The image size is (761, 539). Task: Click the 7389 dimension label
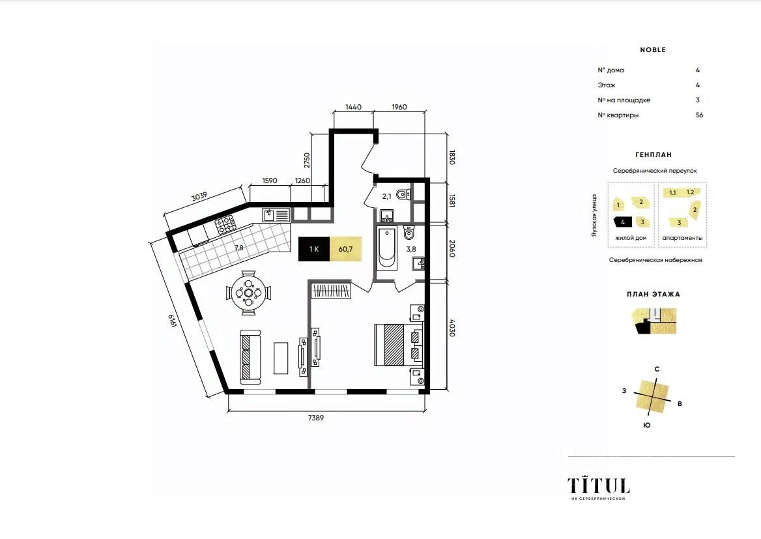(x=315, y=418)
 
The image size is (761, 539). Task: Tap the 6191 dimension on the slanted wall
(x=172, y=321)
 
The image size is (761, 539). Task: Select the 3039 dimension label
(x=199, y=196)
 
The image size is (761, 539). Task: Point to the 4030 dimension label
(x=452, y=328)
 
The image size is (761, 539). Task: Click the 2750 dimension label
(x=307, y=160)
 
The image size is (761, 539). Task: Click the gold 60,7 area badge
(x=345, y=249)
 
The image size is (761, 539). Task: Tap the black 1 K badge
(x=314, y=249)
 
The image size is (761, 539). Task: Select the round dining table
(x=248, y=293)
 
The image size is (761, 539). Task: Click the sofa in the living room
(x=250, y=357)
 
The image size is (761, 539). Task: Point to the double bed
(x=399, y=344)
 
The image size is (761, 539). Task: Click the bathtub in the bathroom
(x=387, y=248)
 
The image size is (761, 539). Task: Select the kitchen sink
(x=276, y=215)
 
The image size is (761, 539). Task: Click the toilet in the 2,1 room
(x=404, y=195)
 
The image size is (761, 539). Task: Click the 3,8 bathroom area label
(x=411, y=249)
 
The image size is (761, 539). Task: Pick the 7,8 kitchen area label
(x=238, y=248)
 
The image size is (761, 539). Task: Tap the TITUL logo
(x=599, y=484)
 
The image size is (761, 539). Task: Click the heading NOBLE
(x=653, y=50)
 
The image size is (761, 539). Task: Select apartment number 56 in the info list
(x=699, y=115)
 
